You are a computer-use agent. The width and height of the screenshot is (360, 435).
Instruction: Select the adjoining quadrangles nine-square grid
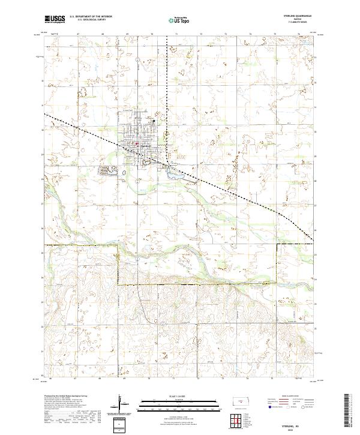tap(239, 419)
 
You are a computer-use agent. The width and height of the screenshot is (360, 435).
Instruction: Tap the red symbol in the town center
tap(137, 143)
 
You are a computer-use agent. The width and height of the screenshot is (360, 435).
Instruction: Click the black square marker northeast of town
tap(154, 121)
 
